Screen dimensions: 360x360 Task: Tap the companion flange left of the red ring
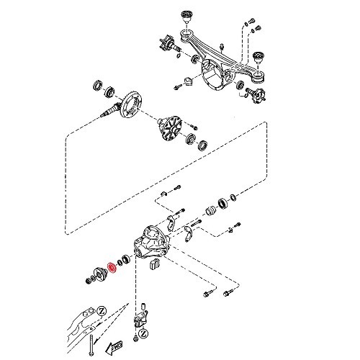coord(94,277)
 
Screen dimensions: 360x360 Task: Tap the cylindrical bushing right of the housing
coord(212,215)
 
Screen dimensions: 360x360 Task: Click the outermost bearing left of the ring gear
coord(95,89)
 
